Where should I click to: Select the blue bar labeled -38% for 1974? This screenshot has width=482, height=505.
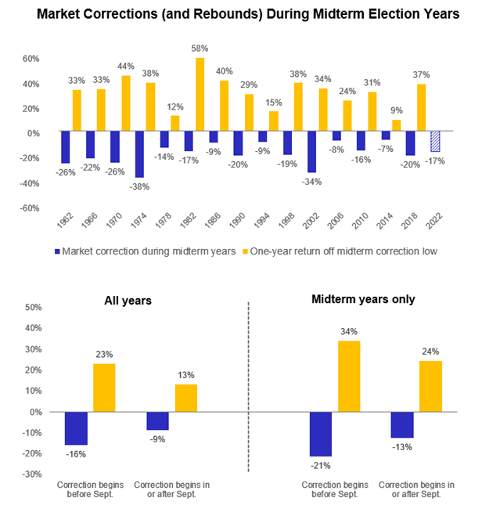pos(140,155)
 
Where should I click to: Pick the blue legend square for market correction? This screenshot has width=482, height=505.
pos(57,252)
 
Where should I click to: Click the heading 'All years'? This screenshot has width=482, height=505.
pos(128,300)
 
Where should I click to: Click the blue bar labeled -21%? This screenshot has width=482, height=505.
pos(320,434)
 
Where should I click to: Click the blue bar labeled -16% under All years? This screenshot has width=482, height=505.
pos(76,428)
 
